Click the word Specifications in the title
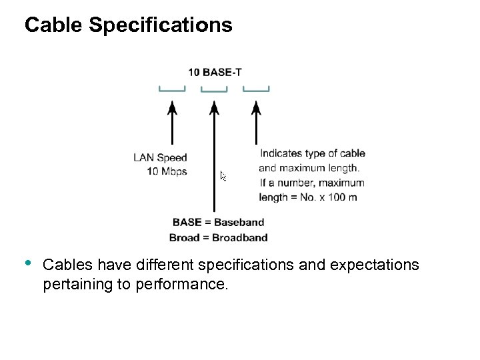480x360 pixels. (160, 25)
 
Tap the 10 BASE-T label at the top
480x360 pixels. (214, 72)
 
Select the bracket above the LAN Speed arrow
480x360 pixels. (172, 89)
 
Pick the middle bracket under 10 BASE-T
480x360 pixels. (214, 89)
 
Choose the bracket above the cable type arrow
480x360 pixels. (255, 89)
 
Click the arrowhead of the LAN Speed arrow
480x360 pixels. (172, 107)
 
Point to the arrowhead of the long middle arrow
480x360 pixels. (214, 107)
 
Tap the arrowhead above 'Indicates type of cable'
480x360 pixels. (255, 107)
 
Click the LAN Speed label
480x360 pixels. (160, 158)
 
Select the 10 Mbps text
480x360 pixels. (167, 171)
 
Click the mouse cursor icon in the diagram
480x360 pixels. (223, 177)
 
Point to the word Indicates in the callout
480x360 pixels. (281, 153)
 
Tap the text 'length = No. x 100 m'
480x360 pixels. (307, 197)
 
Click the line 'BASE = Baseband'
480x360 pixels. (218, 223)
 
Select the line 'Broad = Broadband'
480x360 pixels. (218, 237)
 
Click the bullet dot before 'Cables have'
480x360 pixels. (29, 262)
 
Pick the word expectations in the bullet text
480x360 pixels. (373, 265)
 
